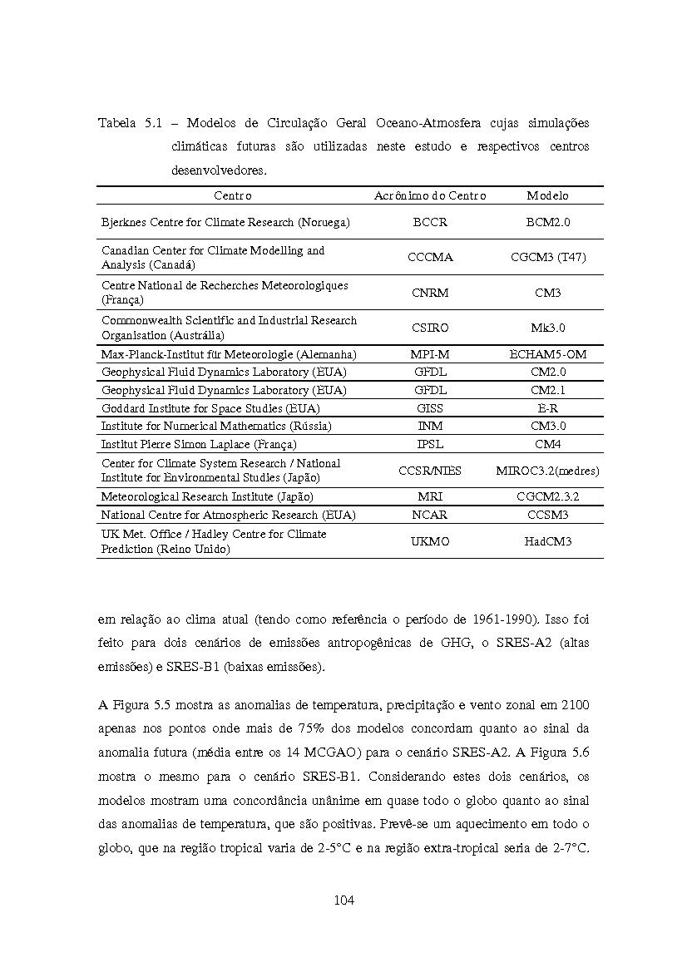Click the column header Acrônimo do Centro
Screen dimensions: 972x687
pyautogui.click(x=430, y=195)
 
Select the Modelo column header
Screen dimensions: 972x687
pyautogui.click(x=547, y=195)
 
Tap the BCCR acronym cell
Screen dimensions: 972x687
pyautogui.click(x=430, y=222)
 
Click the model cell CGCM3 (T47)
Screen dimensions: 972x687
pyautogui.click(x=547, y=257)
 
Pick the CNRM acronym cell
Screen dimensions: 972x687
pyautogui.click(x=430, y=293)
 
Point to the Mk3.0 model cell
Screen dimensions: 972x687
pyautogui.click(x=547, y=328)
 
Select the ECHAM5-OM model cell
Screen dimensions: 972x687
pyautogui.click(x=547, y=354)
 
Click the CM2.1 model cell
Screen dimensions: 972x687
pyautogui.click(x=547, y=390)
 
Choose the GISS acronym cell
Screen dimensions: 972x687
pyautogui.click(x=430, y=408)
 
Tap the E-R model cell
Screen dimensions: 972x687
pyautogui.click(x=547, y=408)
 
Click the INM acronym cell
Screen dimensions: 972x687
pyautogui.click(x=430, y=426)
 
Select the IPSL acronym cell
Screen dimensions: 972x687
pyautogui.click(x=430, y=444)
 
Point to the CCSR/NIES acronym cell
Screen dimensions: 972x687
pyautogui.click(x=430, y=471)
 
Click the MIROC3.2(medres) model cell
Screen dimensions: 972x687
pyautogui.click(x=547, y=471)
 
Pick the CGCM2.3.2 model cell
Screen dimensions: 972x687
pyautogui.click(x=547, y=496)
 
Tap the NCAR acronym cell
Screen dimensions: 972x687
pyautogui.click(x=430, y=515)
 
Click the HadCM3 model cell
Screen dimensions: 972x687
pyautogui.click(x=547, y=541)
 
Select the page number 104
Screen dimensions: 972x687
pyautogui.click(x=343, y=900)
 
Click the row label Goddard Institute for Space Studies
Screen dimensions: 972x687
pyautogui.click(x=210, y=408)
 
